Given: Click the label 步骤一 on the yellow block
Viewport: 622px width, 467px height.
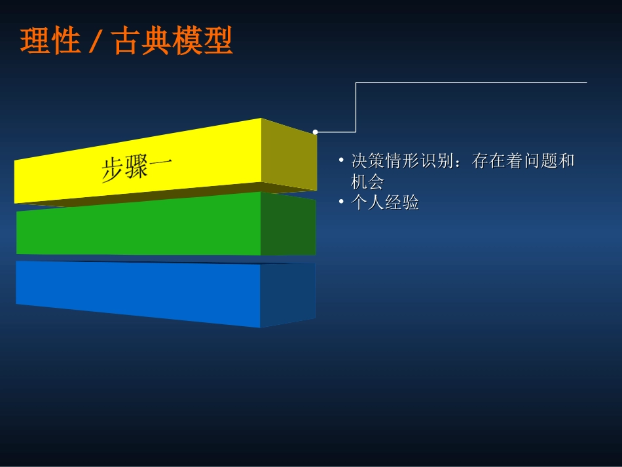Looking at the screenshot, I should point(137,168).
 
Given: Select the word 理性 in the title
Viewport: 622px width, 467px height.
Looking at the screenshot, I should point(50,41).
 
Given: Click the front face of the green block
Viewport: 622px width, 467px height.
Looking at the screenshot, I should point(138,226).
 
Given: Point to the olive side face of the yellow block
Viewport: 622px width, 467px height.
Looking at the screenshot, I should point(289,155).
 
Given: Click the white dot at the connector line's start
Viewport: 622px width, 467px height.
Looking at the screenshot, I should point(315,132).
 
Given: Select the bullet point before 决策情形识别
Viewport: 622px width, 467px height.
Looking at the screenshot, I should point(341,160).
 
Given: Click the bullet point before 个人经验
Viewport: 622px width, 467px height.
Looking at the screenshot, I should point(341,202).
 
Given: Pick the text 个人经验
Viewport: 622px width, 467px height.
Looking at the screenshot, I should point(385,203).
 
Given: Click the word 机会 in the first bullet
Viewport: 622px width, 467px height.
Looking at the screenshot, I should point(367,181).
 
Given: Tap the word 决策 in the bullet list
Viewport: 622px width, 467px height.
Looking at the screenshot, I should point(367,160).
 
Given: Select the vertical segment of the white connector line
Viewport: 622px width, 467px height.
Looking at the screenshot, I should point(356,107).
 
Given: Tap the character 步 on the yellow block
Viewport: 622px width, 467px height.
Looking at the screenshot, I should point(113,171).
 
